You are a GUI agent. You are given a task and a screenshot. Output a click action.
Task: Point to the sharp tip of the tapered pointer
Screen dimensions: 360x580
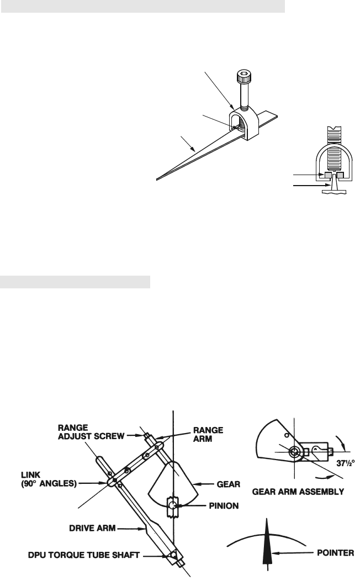coord(158,178)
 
